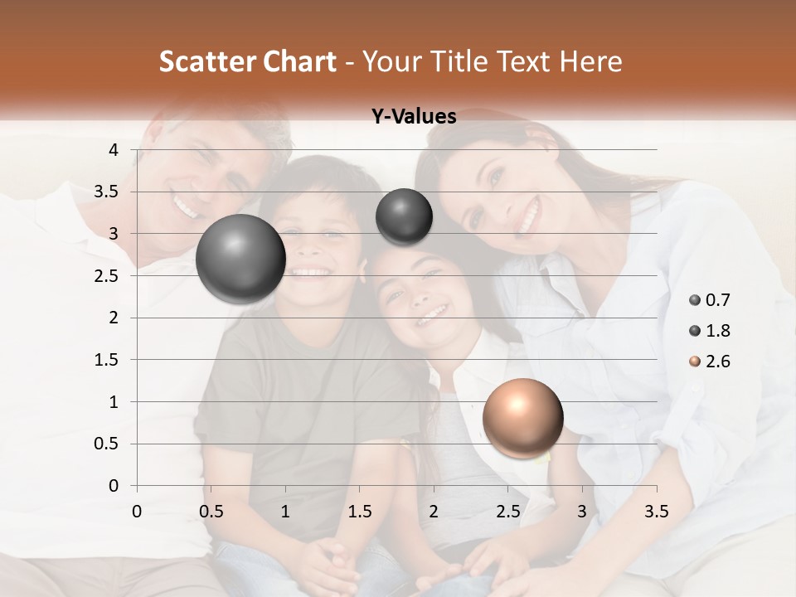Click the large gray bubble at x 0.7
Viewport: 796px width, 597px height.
click(240, 259)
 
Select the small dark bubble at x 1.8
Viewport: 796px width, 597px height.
click(404, 216)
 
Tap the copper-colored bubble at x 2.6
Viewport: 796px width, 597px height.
click(522, 418)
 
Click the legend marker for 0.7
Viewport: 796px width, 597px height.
click(695, 300)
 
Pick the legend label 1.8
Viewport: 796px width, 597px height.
click(719, 331)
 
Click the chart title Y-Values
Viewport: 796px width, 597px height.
click(414, 117)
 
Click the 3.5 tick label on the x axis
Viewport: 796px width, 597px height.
click(657, 511)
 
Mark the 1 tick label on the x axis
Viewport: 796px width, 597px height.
click(285, 511)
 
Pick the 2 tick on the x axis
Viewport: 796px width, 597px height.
click(434, 511)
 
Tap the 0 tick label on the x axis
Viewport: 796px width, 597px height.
click(137, 511)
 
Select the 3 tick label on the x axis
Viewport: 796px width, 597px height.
click(582, 511)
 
